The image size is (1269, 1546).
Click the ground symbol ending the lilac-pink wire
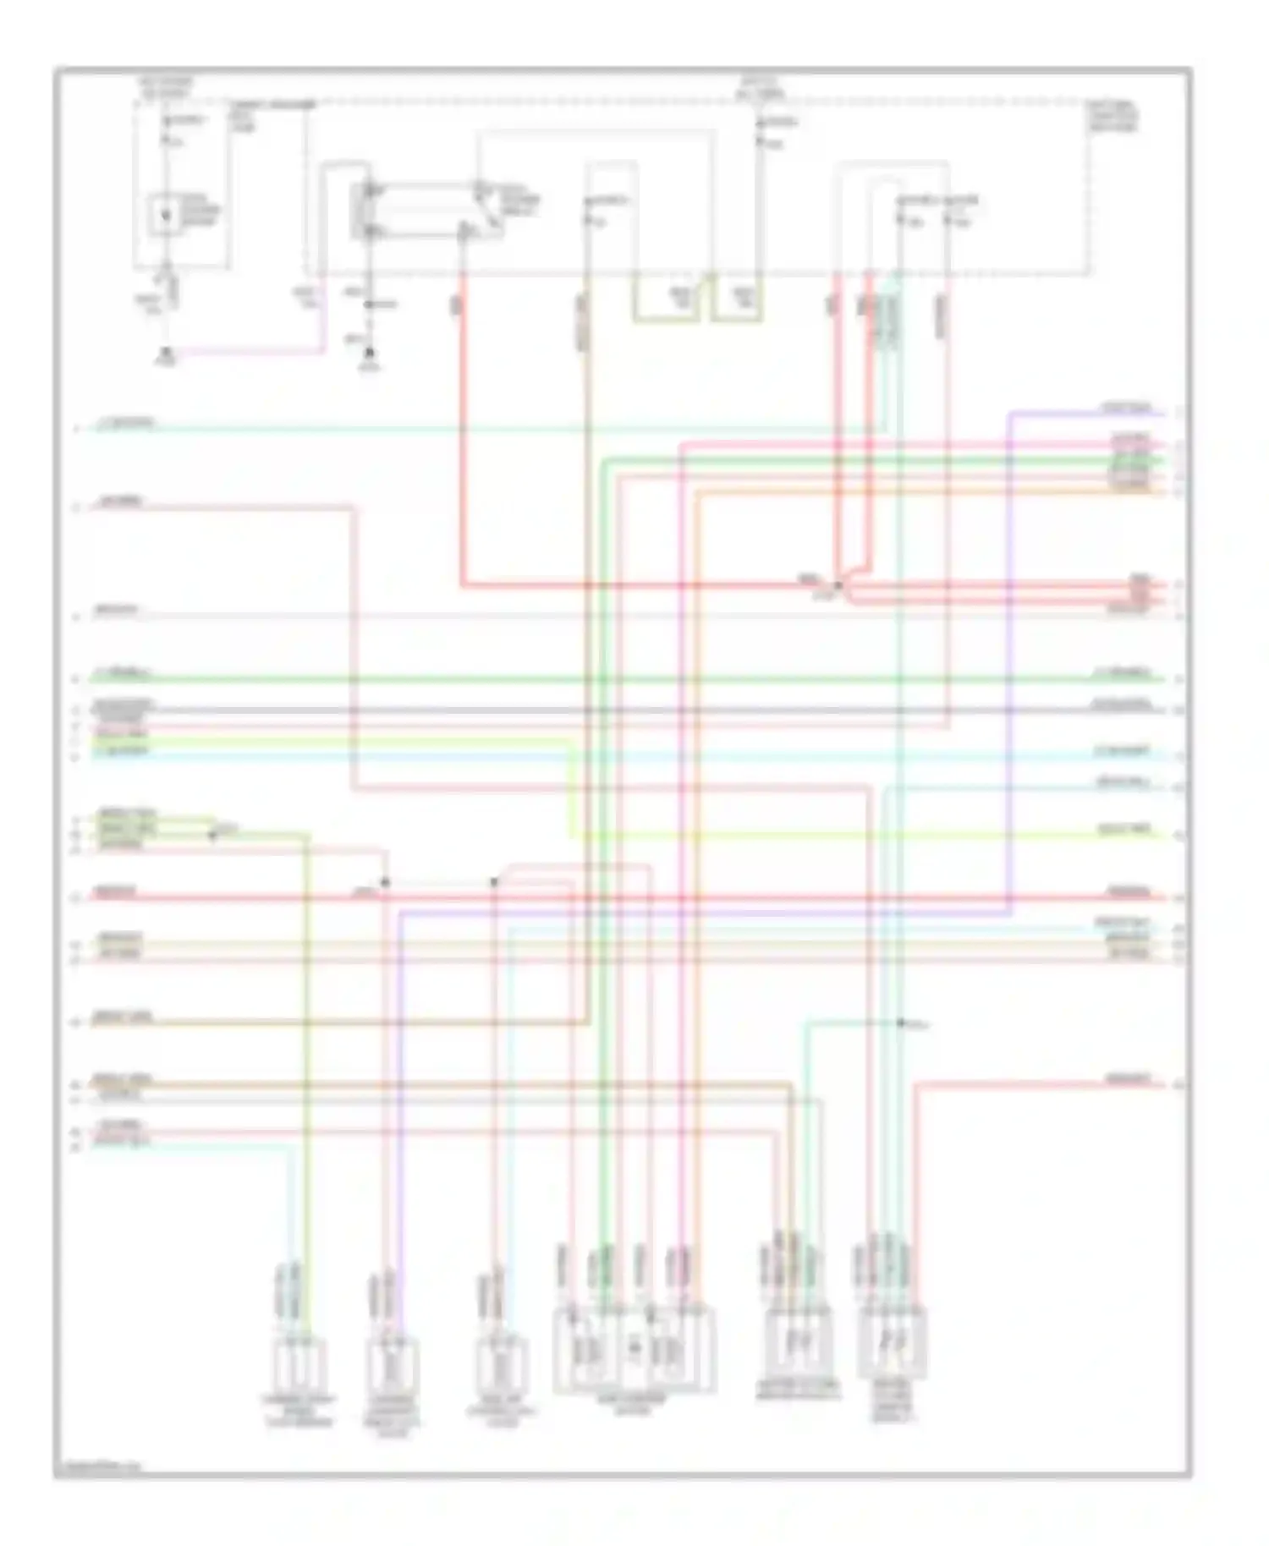coord(167,354)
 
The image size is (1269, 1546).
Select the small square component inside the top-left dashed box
coord(166,215)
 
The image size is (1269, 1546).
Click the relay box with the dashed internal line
coord(427,210)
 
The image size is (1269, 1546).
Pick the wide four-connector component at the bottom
coord(634,1350)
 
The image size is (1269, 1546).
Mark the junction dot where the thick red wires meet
coord(838,585)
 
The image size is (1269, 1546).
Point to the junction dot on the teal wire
coord(901,1023)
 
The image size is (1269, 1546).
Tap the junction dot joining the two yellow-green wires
coord(212,835)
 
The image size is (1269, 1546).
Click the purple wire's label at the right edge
coord(1126,409)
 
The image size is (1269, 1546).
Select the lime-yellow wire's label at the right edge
coord(1124,831)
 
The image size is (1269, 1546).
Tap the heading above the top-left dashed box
coord(168,87)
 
